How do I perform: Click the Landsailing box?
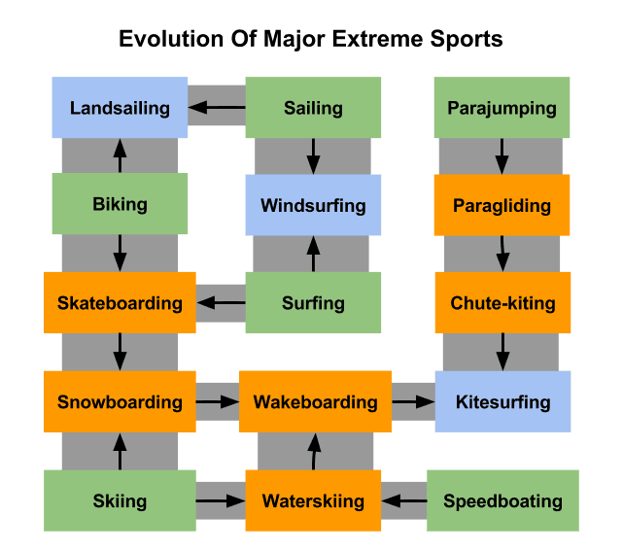pyautogui.click(x=120, y=108)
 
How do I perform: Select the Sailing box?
pyautogui.click(x=313, y=108)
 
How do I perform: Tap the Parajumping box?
pyautogui.click(x=502, y=108)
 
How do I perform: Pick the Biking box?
pyautogui.click(x=120, y=204)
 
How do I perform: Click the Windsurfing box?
pyautogui.click(x=313, y=205)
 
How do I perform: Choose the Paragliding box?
pyautogui.click(x=502, y=205)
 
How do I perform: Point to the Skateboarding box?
pyautogui.click(x=120, y=302)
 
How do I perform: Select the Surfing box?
pyautogui.click(x=313, y=302)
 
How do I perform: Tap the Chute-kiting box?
pyautogui.click(x=502, y=302)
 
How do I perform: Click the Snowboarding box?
pyautogui.click(x=120, y=401)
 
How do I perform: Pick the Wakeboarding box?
pyautogui.click(x=315, y=401)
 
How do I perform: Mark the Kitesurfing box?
pyautogui.click(x=502, y=401)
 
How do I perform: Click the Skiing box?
pyautogui.click(x=120, y=500)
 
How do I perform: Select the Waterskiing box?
pyautogui.click(x=313, y=500)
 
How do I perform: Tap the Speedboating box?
pyautogui.click(x=502, y=500)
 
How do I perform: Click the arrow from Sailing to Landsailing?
pyautogui.click(x=217, y=108)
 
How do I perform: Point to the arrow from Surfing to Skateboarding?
pyautogui.click(x=221, y=303)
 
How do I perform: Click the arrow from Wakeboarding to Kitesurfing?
pyautogui.click(x=413, y=401)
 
